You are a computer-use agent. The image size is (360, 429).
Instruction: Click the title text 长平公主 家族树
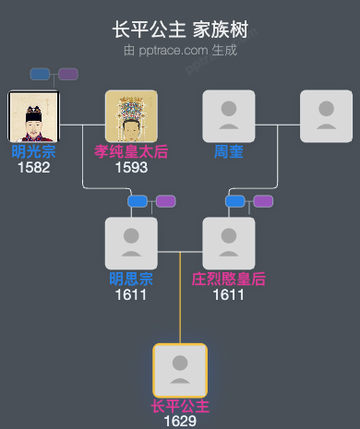180,30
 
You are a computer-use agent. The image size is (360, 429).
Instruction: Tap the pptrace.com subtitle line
180,50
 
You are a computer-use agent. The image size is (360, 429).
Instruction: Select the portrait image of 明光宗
33,116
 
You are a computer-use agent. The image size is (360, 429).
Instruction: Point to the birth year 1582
33,167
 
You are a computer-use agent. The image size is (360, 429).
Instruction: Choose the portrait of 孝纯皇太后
131,116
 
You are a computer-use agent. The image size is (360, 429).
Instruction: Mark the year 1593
131,167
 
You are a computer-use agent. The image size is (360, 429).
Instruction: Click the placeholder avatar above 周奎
228,116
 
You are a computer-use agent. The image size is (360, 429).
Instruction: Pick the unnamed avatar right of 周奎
326,116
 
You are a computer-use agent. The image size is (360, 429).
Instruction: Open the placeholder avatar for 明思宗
131,244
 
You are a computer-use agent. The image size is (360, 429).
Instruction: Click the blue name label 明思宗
131,279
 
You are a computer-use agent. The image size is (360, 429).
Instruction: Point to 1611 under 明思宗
131,294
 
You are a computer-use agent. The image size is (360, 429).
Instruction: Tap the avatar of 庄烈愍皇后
228,244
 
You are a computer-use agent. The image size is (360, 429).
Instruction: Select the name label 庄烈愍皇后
228,279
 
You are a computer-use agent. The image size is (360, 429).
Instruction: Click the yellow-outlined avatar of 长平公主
180,370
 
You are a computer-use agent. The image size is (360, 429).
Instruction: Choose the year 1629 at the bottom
180,421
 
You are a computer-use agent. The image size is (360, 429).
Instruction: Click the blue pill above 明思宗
138,201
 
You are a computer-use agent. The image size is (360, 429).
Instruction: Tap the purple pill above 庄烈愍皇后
263,201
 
